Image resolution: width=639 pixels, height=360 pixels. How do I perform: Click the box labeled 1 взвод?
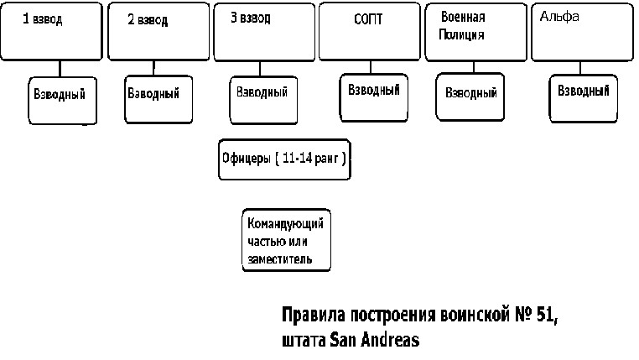[51, 31]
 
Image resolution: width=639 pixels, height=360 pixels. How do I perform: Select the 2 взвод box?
[158, 31]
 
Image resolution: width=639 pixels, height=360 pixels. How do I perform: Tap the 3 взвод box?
[264, 32]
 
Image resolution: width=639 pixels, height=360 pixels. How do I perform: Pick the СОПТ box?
[370, 31]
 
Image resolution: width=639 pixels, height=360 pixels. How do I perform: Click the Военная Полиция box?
[476, 32]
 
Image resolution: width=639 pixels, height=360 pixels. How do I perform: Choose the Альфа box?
[582, 32]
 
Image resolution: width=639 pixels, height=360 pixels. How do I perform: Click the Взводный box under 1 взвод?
[63, 101]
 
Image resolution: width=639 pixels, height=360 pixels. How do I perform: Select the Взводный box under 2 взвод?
[158, 99]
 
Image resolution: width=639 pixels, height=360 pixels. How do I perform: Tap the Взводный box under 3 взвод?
[263, 100]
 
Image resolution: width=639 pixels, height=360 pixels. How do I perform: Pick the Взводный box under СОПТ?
[374, 97]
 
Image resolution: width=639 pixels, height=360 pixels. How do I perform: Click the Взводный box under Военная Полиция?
[470, 97]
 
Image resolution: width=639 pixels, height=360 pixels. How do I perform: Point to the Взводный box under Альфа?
[584, 98]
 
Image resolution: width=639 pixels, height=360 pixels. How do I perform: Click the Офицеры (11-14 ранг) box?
[284, 159]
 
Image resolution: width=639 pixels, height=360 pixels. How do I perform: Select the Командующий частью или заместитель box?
[287, 240]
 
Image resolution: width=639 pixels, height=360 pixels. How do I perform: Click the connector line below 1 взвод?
[60, 69]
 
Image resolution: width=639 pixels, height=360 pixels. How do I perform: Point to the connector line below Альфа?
[580, 68]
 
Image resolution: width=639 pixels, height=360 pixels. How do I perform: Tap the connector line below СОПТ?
[371, 67]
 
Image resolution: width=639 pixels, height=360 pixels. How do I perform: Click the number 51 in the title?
[547, 315]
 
